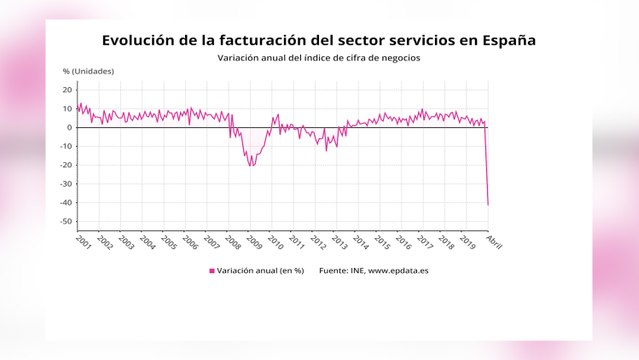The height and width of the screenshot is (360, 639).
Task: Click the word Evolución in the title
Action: [x=143, y=40]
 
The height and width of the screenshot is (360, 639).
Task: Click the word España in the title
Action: [x=505, y=40]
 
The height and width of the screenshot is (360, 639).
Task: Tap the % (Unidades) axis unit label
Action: [x=89, y=72]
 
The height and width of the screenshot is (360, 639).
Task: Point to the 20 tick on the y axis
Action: [x=67, y=89]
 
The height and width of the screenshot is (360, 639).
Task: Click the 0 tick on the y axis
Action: [x=69, y=127]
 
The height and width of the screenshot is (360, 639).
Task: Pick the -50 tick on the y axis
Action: [x=66, y=222]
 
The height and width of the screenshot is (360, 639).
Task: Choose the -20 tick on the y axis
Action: [x=66, y=165]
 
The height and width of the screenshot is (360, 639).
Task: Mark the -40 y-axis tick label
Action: [x=66, y=203]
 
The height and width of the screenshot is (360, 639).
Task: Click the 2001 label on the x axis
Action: [x=83, y=242]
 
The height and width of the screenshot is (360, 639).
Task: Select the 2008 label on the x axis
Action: [x=232, y=242]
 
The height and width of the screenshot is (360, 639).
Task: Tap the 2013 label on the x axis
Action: [x=339, y=242]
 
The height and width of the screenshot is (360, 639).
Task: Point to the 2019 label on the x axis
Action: [x=467, y=242]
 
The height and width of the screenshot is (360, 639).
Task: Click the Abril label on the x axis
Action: [x=493, y=241]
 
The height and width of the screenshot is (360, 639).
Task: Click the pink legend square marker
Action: [x=212, y=271]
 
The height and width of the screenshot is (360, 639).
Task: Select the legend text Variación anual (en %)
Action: [x=261, y=271]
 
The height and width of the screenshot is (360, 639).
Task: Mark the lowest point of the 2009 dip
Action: [x=251, y=165]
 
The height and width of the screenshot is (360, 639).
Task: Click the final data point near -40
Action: [x=488, y=204]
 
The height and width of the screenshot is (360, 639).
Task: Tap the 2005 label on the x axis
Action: [x=168, y=242]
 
